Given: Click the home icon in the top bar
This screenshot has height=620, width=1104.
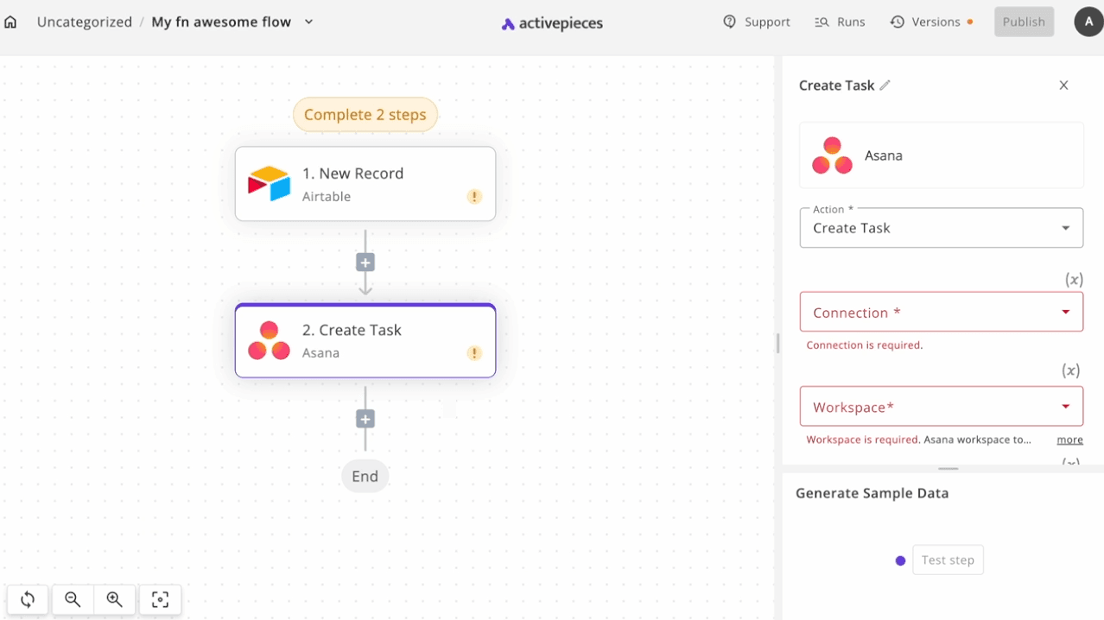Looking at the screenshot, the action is coord(10,22).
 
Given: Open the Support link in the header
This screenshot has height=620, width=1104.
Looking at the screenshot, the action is coord(757,22).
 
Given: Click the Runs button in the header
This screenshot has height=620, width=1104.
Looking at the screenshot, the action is coord(840,22).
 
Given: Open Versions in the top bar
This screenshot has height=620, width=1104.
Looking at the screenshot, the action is coord(931,22).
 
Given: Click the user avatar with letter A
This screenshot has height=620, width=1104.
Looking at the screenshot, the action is coord(1088,22).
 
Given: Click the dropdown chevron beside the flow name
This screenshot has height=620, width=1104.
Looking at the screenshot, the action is coord(308,22).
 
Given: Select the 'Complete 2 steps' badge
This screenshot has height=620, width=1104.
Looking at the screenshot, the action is coord(365,114).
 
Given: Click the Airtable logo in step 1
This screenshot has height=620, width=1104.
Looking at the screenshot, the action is coord(270,184).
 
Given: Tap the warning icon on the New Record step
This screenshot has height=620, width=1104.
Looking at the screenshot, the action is coord(474,197).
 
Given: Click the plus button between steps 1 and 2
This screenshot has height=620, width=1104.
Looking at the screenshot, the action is coord(365,263).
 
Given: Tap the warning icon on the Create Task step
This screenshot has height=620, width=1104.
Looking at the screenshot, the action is coord(474,353).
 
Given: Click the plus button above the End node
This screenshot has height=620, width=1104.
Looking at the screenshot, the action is coord(365,419).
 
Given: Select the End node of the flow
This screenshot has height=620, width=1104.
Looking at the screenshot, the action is coord(365,476).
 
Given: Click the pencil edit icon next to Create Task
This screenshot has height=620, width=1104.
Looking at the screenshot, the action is coord(885,85).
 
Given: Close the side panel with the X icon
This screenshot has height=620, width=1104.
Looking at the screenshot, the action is coord(1063,85).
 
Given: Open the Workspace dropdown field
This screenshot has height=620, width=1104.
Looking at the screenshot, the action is coord(942,407).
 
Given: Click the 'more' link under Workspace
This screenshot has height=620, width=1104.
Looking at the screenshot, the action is coord(1070,440).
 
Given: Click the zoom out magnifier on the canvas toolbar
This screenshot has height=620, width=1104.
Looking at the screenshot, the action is coord(73,599).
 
